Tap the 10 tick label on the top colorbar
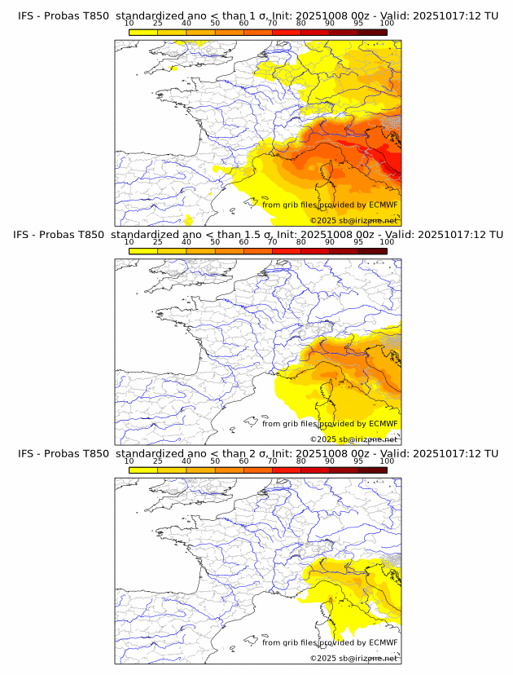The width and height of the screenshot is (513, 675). pyautogui.click(x=129, y=24)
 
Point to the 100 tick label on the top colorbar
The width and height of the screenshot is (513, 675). pyautogui.click(x=386, y=24)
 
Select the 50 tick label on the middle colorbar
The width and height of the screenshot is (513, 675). pyautogui.click(x=215, y=243)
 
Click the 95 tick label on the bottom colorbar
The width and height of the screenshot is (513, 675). pyautogui.click(x=358, y=461)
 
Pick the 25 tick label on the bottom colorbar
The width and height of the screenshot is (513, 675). pyautogui.click(x=158, y=461)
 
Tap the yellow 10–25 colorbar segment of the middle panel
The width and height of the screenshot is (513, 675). pyautogui.click(x=143, y=250)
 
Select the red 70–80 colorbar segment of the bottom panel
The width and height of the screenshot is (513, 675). pyautogui.click(x=287, y=470)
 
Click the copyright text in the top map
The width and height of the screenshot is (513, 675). pyautogui.click(x=353, y=221)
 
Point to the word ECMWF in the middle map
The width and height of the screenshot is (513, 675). pyautogui.click(x=383, y=424)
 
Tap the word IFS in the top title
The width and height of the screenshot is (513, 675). pyautogui.click(x=26, y=15)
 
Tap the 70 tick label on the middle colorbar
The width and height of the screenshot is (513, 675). pyautogui.click(x=272, y=243)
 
